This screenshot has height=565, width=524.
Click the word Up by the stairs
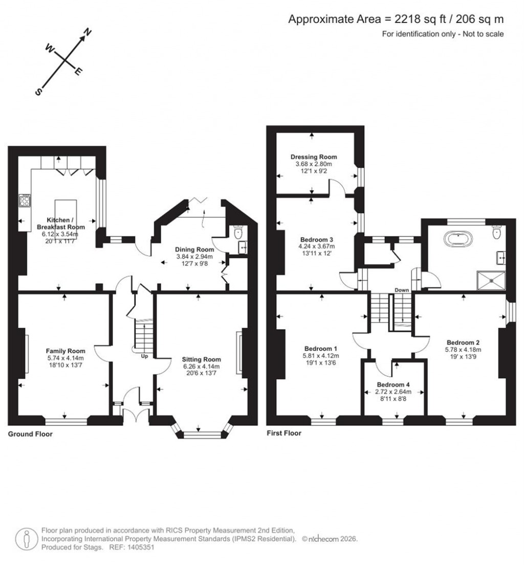click(x=144, y=356)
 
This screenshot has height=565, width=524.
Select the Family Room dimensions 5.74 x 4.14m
click(x=64, y=358)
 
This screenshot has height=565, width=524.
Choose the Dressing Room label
click(x=314, y=157)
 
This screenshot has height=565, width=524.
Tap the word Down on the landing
click(x=402, y=290)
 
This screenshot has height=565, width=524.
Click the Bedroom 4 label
click(x=394, y=384)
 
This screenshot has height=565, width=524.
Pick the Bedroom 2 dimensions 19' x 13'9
click(x=463, y=357)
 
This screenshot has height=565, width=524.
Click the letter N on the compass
click(x=88, y=33)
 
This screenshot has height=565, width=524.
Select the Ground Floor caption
click(x=30, y=434)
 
